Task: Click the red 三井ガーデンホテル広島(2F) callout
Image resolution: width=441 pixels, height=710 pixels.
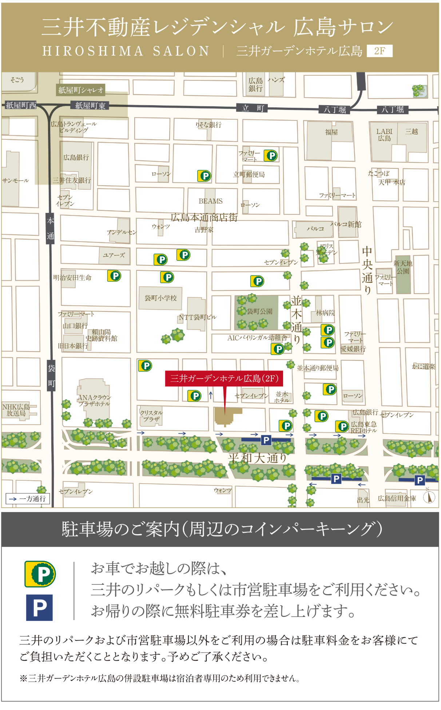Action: (x=224, y=378)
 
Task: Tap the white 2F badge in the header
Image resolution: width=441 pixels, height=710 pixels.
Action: (x=380, y=51)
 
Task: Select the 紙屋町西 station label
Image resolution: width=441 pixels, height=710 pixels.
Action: (x=21, y=106)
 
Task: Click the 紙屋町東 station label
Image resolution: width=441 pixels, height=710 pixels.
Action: (x=90, y=106)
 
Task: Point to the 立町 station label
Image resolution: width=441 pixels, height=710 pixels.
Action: (x=253, y=108)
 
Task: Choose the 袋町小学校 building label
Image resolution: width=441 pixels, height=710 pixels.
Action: (x=160, y=298)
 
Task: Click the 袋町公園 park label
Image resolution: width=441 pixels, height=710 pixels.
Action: (x=259, y=312)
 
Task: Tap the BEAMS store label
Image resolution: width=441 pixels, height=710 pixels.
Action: (x=210, y=201)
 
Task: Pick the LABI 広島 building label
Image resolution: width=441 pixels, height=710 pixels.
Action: (x=384, y=135)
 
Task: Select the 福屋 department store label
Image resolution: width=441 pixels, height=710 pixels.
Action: (x=331, y=132)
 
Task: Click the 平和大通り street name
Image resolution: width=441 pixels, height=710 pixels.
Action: (x=257, y=458)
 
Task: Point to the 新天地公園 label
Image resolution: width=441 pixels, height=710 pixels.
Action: (x=403, y=267)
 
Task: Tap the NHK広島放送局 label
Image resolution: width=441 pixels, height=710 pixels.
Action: (x=16, y=410)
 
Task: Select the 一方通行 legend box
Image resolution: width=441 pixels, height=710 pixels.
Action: (x=28, y=499)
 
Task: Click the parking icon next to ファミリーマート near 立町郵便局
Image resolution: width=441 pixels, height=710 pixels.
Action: (x=271, y=155)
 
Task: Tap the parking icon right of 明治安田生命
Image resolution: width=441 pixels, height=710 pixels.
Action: (x=114, y=276)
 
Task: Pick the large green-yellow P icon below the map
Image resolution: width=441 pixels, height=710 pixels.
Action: (x=40, y=574)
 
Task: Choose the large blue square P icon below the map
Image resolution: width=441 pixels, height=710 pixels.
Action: (x=39, y=607)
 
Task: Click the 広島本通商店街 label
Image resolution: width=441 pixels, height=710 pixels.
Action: (x=204, y=218)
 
